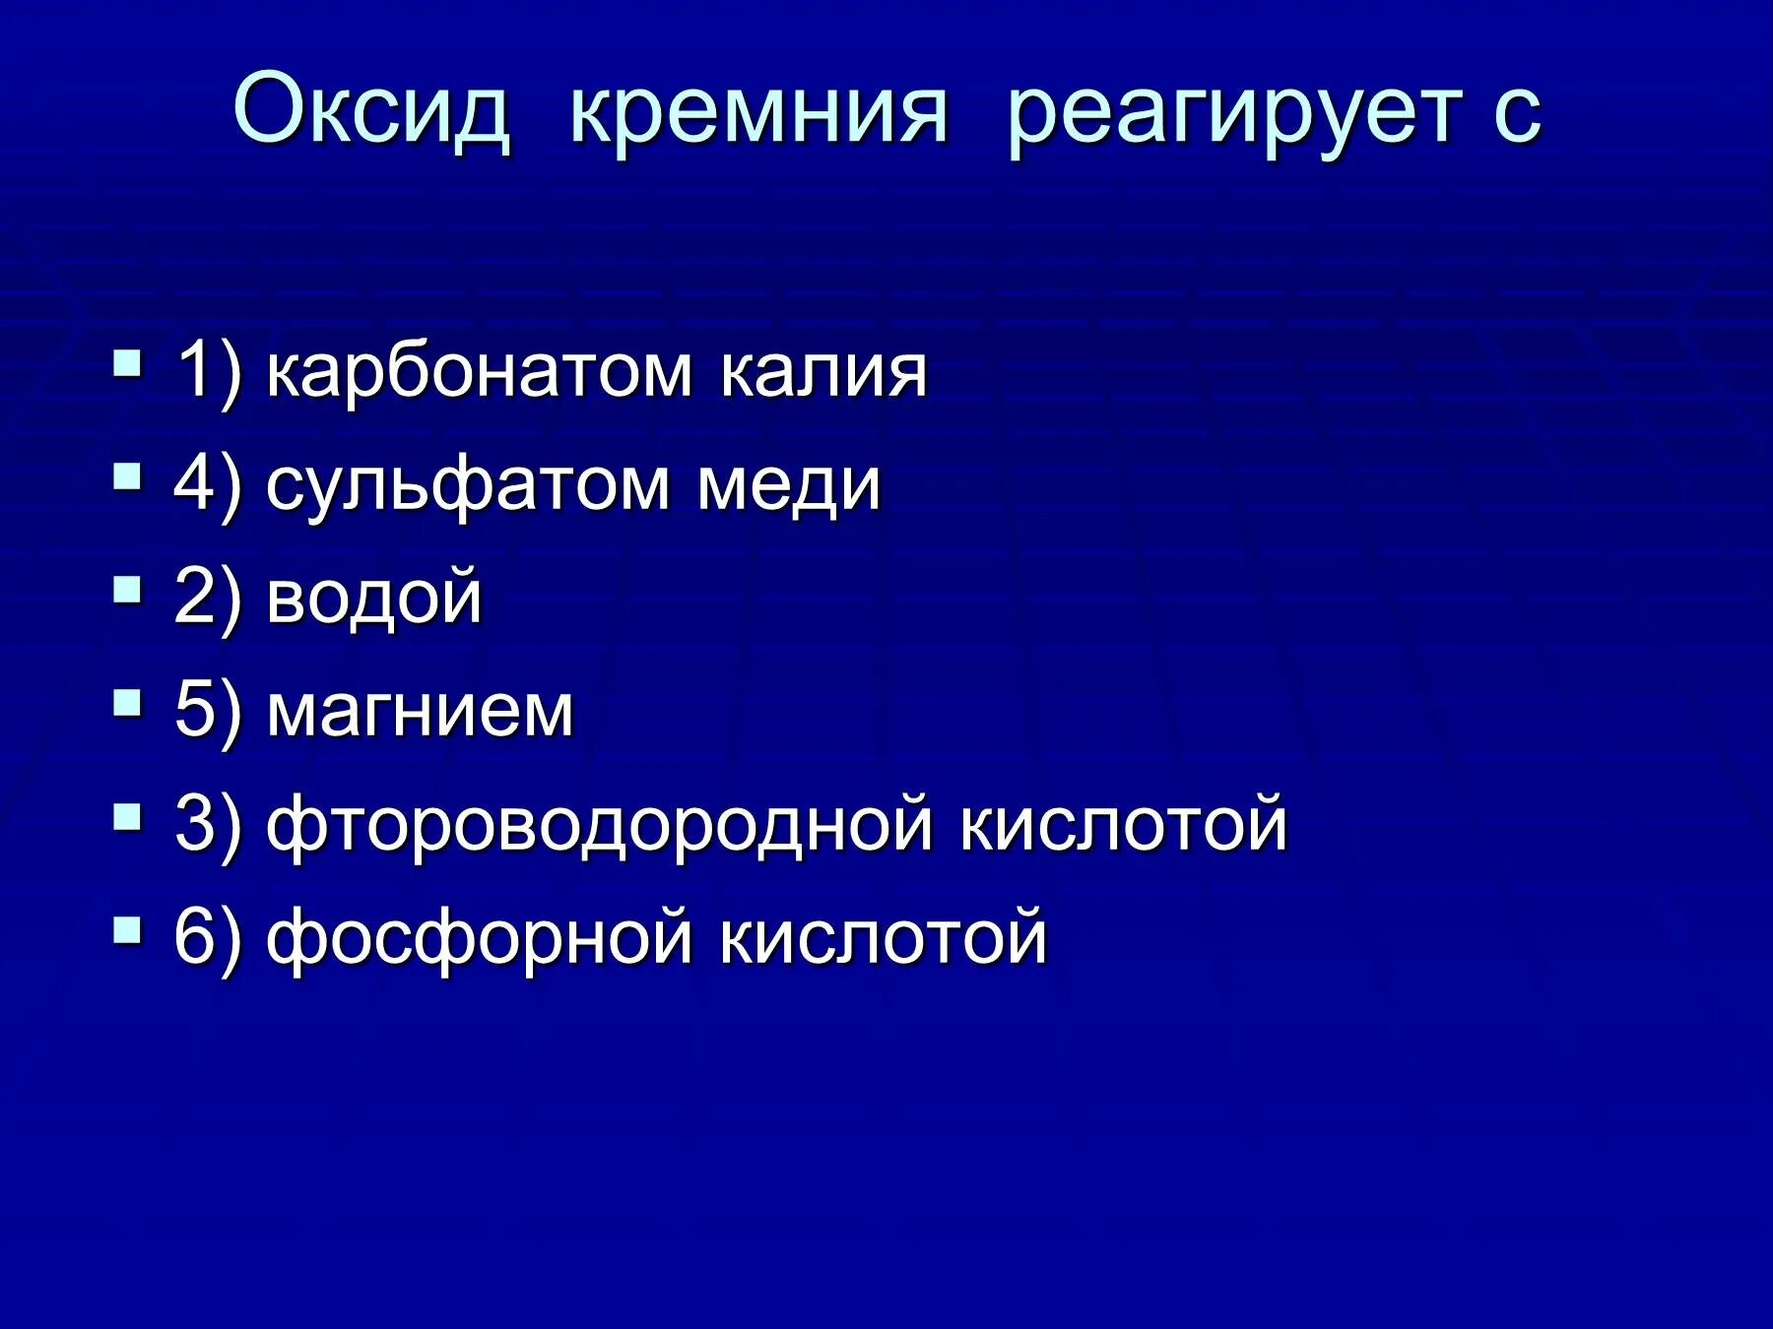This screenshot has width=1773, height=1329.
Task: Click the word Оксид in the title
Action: [x=371, y=110]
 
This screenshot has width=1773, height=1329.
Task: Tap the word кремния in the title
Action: [x=758, y=110]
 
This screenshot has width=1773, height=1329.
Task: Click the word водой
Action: [x=374, y=597]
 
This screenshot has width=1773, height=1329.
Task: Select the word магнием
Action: [x=420, y=710]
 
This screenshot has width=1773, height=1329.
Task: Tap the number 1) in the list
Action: [x=207, y=372]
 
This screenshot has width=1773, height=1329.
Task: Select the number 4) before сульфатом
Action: [x=207, y=484]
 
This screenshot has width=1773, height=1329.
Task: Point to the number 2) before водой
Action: [x=207, y=597]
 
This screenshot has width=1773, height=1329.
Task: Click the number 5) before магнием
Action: [x=207, y=710]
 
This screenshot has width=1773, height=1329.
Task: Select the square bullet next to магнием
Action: [x=127, y=702]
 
